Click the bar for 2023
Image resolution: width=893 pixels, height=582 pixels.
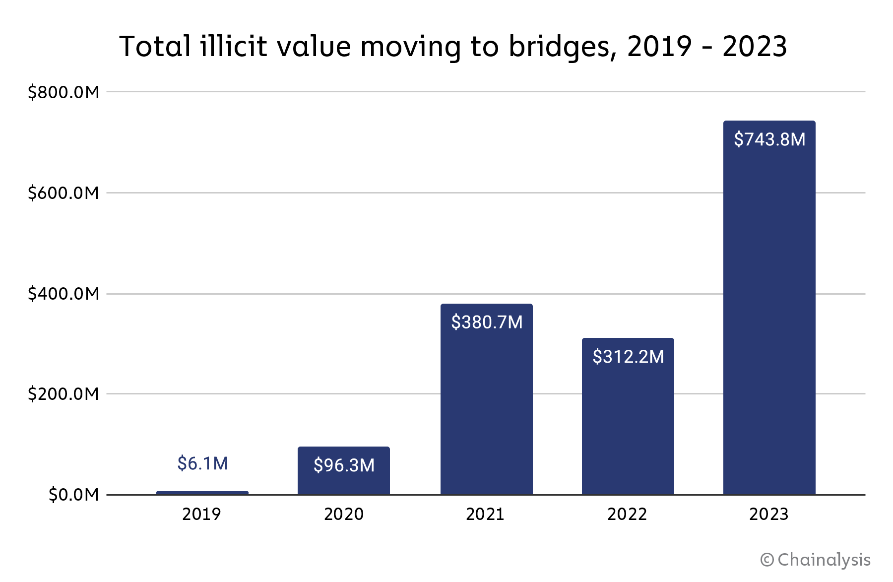coord(769,318)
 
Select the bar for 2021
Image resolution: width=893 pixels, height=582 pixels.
coord(486,407)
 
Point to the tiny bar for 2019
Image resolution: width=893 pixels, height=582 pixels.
coord(202,493)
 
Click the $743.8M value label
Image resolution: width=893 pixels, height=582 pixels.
coord(769,139)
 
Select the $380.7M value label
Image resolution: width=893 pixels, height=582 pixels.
coord(487,323)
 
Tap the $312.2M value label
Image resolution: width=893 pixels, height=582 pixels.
coord(628,357)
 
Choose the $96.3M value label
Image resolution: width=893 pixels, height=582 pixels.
coord(344,465)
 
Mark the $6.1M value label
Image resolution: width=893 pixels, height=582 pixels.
coord(202,463)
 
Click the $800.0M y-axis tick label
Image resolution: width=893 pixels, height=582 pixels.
coord(64,92)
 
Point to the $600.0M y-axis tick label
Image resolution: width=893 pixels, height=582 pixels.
coord(64,193)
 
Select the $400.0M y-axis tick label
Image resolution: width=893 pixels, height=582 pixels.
coord(64,294)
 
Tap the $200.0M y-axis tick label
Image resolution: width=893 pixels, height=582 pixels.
coord(64,394)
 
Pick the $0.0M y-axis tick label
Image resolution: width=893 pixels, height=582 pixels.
coord(73,495)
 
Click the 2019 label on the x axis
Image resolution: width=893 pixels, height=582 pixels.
coord(201,514)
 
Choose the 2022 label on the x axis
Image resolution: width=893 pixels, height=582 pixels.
coord(627,514)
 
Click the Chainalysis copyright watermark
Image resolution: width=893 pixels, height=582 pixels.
coord(816,560)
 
